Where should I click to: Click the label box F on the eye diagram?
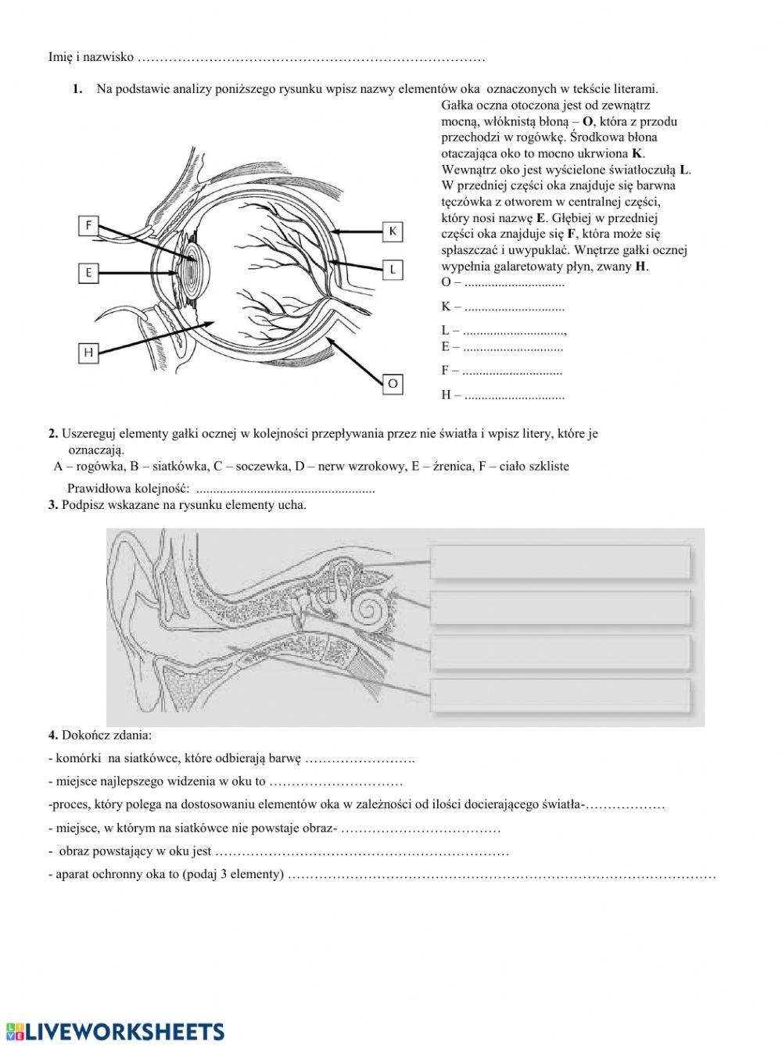click(88, 226)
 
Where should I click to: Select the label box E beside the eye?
click(88, 272)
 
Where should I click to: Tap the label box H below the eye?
click(88, 353)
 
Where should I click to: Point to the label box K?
click(393, 231)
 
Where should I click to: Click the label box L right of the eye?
click(393, 270)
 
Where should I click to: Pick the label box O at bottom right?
click(393, 383)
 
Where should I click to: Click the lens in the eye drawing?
click(189, 270)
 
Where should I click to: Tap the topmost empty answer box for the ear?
click(560, 562)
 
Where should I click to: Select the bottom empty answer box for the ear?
click(560, 696)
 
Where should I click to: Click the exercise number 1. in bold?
click(77, 89)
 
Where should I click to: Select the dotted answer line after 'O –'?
click(514, 282)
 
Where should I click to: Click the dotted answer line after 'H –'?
click(514, 396)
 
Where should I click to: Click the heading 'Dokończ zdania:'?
click(106, 735)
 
